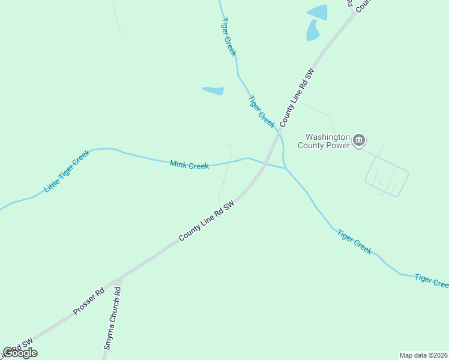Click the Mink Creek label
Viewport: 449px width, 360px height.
[x=189, y=165]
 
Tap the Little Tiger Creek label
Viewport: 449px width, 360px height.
[x=67, y=172]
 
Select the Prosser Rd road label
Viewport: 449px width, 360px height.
[x=89, y=301]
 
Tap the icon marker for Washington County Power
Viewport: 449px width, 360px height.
[x=359, y=141]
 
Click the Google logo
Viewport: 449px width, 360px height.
[x=20, y=353]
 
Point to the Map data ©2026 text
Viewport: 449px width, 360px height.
[x=423, y=355]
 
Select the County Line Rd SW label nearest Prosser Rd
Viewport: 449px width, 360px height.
[x=206, y=221]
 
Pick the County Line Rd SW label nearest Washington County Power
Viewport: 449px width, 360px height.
[x=298, y=97]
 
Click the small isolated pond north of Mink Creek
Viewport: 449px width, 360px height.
[x=213, y=91]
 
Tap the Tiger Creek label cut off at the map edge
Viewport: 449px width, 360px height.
[x=432, y=280]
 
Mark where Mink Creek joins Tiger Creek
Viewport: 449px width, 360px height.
[x=285, y=168]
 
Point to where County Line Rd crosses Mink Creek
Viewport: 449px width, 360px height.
[x=264, y=163]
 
